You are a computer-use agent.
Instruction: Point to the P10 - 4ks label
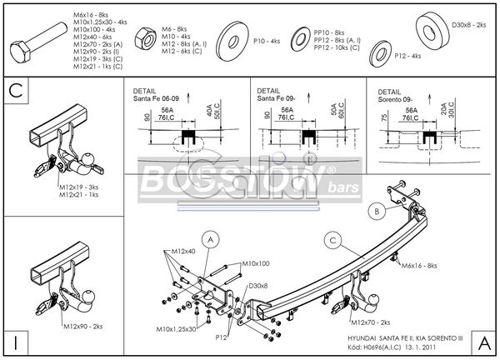(x=268, y=39)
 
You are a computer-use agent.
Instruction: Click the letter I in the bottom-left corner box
(x=15, y=341)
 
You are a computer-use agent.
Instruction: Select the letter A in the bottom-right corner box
(x=482, y=341)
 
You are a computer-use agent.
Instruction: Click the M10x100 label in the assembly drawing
(x=257, y=263)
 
